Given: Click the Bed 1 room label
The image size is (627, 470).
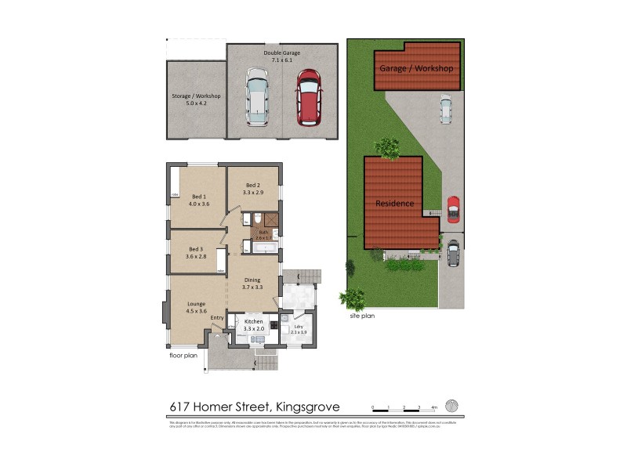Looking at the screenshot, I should click(198, 196).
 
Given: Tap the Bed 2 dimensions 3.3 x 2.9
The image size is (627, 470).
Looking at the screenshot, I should click(252, 192).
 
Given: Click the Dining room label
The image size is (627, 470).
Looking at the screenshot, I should click(252, 280).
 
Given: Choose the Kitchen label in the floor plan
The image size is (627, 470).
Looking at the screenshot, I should click(252, 322).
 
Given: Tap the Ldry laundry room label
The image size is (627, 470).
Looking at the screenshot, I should click(299, 327).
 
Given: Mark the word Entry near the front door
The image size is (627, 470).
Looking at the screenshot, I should click(217, 317).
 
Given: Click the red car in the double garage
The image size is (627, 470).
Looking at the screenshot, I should click(308, 97).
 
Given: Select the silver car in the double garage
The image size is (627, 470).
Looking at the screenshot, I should click(257, 97).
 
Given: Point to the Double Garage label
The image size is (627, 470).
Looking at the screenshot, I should click(281, 52).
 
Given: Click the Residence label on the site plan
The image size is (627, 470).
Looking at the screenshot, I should click(395, 203).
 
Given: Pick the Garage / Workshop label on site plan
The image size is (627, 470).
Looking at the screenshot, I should click(416, 69).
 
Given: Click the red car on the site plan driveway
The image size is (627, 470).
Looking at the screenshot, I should click(452, 208).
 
